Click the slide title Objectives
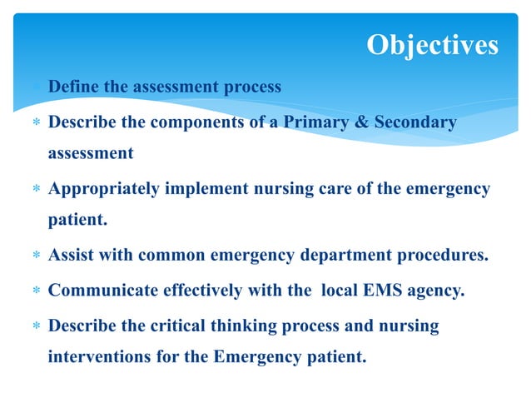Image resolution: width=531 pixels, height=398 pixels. pyautogui.click(x=433, y=45)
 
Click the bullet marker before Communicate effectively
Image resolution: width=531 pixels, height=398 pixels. pyautogui.click(x=37, y=291)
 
